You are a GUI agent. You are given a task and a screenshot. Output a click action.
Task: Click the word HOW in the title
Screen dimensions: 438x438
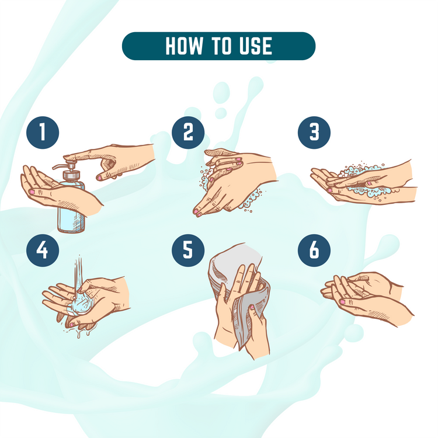[x=184, y=46]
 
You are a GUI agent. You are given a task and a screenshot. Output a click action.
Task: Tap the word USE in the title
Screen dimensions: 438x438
[x=256, y=46]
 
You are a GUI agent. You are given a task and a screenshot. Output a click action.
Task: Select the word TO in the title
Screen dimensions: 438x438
[x=221, y=46]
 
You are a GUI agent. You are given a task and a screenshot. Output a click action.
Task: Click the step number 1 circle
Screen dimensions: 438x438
[x=43, y=133]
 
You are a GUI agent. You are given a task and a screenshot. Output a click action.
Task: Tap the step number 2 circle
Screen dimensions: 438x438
[x=188, y=133]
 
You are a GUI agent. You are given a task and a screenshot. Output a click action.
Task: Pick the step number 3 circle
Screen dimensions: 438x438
[x=314, y=133]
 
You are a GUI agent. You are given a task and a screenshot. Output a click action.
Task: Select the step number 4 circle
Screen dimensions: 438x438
[x=43, y=251]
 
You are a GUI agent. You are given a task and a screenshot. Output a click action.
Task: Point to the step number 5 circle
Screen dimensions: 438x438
[x=188, y=251]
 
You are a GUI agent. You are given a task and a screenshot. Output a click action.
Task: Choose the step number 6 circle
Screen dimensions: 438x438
[x=314, y=251]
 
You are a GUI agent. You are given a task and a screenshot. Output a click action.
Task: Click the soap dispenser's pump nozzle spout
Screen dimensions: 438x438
[x=59, y=166]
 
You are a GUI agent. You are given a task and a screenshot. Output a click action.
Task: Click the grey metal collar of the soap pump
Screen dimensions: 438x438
[x=71, y=175]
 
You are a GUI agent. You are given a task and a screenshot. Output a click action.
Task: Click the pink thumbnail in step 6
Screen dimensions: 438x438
[x=342, y=302]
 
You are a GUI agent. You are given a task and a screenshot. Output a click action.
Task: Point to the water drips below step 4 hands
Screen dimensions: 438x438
[x=79, y=331]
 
